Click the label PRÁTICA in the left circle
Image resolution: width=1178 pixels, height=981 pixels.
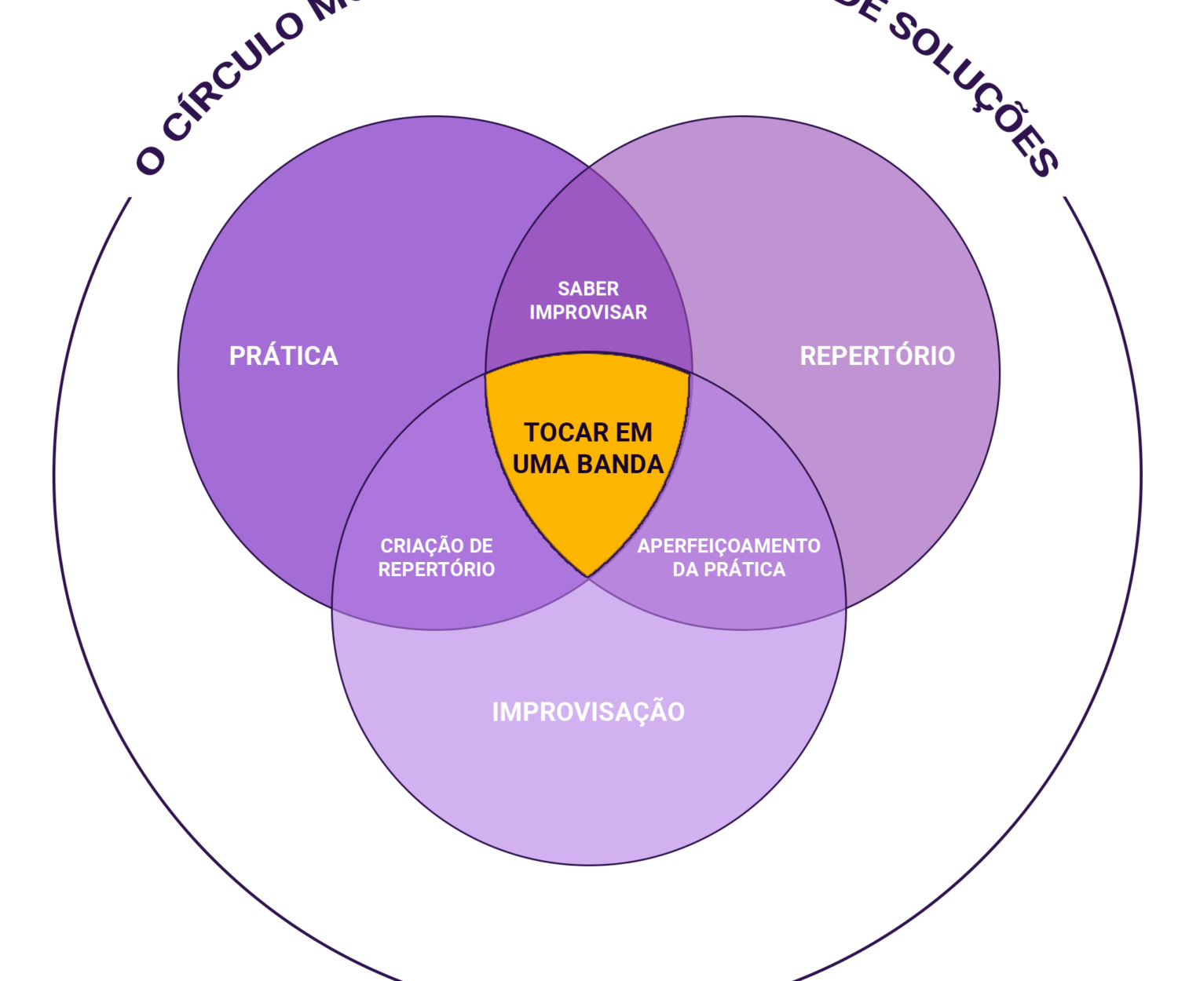point(284,356)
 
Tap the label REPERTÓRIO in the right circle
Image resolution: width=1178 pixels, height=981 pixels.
point(877,356)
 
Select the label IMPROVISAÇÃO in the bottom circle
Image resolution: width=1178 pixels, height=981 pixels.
point(588,713)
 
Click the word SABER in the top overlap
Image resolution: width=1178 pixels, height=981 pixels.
point(588,289)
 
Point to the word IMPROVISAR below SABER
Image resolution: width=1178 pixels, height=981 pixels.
point(588,312)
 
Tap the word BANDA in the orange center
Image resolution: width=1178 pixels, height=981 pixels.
point(620,465)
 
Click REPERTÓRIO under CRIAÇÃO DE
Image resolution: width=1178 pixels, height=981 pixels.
point(437,570)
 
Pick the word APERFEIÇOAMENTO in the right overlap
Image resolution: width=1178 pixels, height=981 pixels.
point(729,546)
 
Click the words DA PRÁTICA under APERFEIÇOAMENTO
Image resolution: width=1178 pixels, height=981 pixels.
point(729,570)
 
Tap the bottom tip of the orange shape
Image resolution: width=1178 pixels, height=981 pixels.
point(588,575)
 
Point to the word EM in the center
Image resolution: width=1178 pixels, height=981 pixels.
point(635,432)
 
